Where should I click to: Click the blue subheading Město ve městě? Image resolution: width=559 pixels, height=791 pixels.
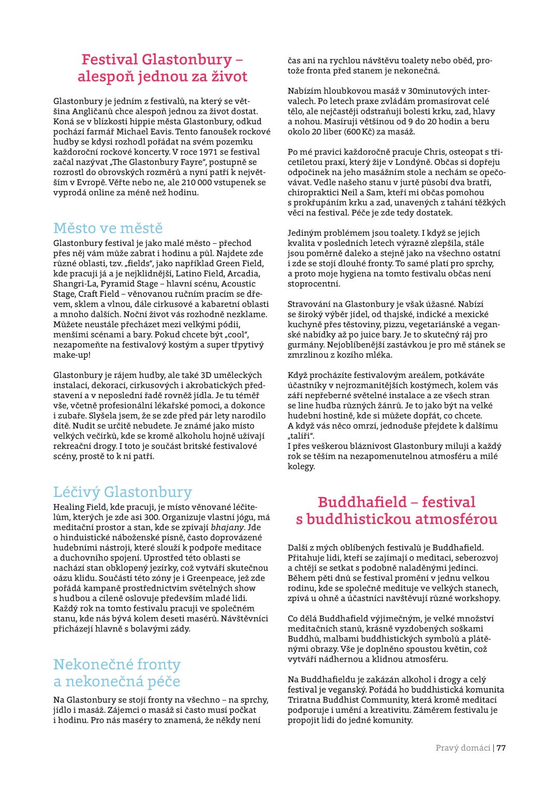coord(108,228)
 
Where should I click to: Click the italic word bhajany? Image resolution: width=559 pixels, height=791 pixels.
coord(227,527)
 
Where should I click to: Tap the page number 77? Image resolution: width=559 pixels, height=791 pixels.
coord(501,748)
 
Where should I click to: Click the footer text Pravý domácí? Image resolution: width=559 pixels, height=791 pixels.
coord(463,748)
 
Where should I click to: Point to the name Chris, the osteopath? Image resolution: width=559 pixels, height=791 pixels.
coord(434,152)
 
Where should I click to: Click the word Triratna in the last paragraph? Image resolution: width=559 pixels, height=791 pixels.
coord(304,699)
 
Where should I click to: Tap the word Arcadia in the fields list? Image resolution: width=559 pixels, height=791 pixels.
coord(244,273)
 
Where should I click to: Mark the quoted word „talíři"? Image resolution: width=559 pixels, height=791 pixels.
coord(301,436)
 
